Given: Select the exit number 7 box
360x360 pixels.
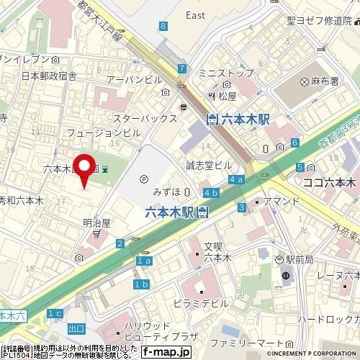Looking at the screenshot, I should (182, 69).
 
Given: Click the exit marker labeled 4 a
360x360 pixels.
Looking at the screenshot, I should (235, 179).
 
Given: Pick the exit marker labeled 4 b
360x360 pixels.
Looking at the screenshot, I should (210, 192).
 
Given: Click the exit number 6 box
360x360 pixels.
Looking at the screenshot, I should (295, 143).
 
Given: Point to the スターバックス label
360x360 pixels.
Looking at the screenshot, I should (145, 117).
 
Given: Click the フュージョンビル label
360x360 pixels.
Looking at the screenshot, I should (103, 133).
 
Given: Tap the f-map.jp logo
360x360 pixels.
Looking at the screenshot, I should (166, 352).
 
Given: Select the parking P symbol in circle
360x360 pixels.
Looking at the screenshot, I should (143, 180).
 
